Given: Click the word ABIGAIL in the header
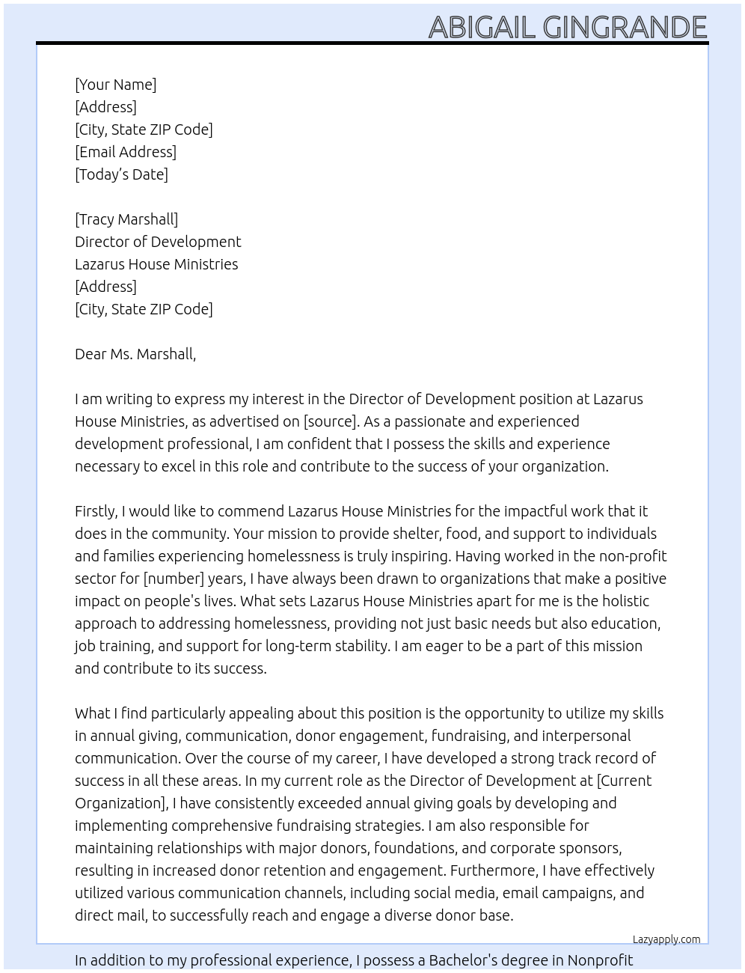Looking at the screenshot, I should [x=482, y=28].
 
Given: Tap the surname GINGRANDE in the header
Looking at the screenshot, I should [x=625, y=28].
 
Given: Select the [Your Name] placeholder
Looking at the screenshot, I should [x=115, y=85].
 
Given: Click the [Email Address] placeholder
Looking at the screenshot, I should [x=126, y=152].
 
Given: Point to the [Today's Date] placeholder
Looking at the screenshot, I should [x=121, y=174].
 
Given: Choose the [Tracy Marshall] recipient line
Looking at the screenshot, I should [x=126, y=219].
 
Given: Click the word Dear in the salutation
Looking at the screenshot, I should [x=91, y=354].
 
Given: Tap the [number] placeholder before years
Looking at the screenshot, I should [x=174, y=579].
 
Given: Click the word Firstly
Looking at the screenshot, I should [x=96, y=511].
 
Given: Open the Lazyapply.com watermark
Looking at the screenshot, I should [x=666, y=939].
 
